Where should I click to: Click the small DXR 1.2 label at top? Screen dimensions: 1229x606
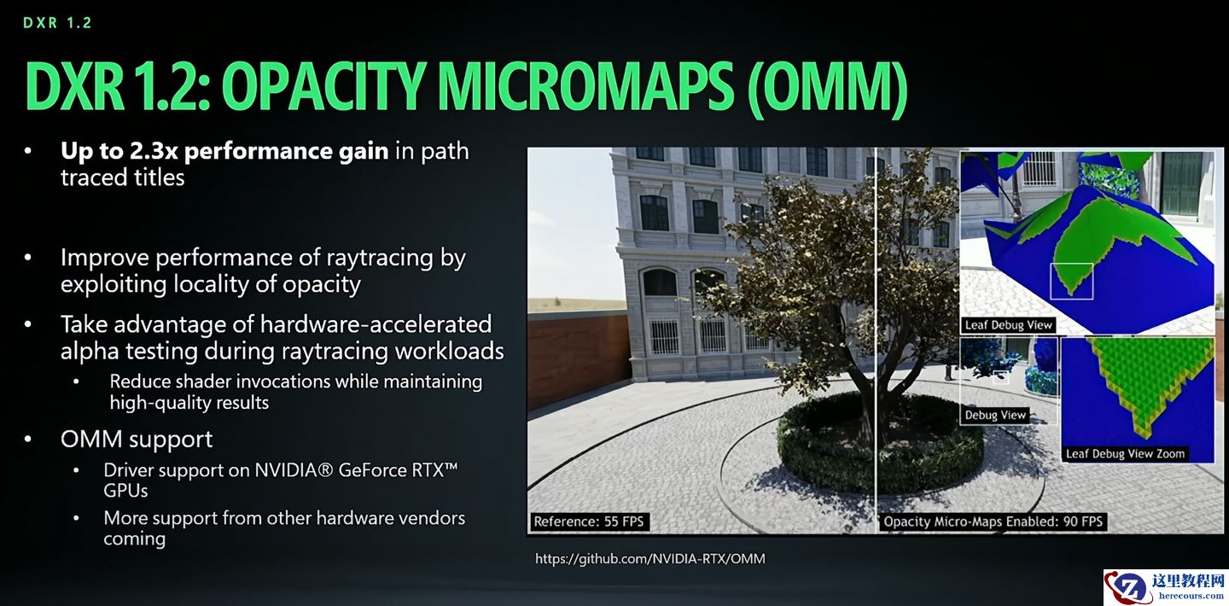[x=58, y=23]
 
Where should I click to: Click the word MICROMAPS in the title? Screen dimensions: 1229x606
[x=586, y=87]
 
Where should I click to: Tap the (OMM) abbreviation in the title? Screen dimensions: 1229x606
[x=827, y=88]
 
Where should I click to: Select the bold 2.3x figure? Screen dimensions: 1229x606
[x=154, y=151]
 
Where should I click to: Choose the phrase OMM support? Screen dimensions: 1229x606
[x=137, y=439]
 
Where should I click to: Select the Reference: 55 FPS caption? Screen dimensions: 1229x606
[x=589, y=522]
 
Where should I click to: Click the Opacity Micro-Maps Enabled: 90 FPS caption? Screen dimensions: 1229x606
[x=993, y=522]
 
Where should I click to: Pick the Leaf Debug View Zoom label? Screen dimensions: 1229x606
[x=1125, y=454]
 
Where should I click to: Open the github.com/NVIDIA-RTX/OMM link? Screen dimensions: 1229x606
[x=650, y=559]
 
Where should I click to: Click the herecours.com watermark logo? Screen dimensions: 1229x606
[x=1166, y=587]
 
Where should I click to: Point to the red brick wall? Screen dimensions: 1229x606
[x=579, y=359]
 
